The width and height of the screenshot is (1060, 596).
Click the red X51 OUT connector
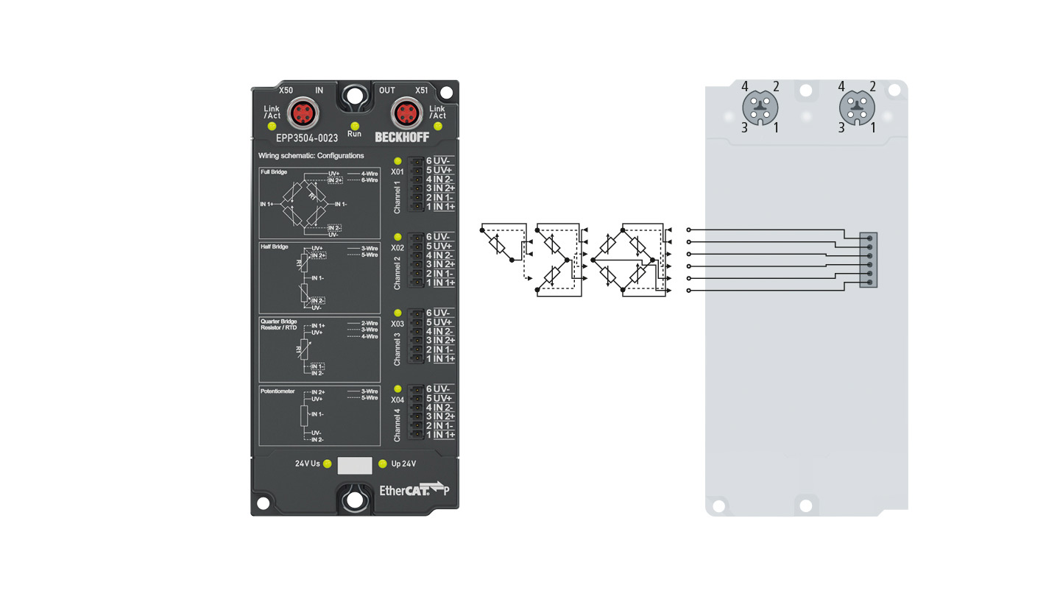405,113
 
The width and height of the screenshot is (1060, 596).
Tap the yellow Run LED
354,125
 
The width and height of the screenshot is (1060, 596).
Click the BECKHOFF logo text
401,137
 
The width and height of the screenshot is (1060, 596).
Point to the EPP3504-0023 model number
307,137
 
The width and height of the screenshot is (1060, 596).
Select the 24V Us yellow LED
328,464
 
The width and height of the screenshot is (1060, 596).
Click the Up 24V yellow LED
382,464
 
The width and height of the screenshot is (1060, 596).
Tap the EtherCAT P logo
412,489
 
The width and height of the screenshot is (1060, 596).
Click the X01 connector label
397,172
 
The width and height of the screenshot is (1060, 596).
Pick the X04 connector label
397,400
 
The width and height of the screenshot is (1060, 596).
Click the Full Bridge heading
274,172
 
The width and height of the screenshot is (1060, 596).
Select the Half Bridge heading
274,246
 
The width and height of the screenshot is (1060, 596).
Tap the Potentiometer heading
278,391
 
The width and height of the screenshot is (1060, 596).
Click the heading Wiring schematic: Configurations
311,156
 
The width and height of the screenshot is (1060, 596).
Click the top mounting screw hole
355,96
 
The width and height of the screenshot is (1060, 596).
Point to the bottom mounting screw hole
355,500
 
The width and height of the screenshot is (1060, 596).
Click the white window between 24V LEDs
354,464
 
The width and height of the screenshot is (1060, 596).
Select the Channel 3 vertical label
397,349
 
